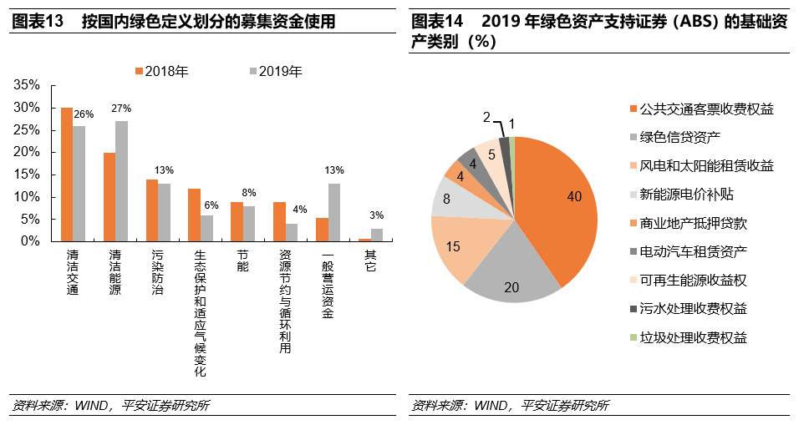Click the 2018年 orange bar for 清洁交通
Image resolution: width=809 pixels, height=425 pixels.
[x=67, y=174]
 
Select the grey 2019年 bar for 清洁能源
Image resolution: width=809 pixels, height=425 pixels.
[x=122, y=180]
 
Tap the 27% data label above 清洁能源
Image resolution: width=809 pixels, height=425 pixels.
[x=121, y=109]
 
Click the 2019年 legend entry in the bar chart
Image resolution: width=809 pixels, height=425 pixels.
[x=275, y=72]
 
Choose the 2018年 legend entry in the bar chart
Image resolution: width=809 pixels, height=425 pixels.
[x=160, y=72]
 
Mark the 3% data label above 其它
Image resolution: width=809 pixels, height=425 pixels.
[x=377, y=215]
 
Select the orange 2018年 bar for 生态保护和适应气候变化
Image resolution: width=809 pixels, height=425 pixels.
[x=194, y=215]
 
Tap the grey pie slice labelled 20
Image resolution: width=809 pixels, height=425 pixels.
[x=511, y=280]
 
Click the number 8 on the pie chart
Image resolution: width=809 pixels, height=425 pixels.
[x=447, y=199]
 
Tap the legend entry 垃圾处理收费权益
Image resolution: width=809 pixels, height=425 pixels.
[x=693, y=337]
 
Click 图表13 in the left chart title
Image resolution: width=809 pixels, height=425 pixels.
[x=38, y=22]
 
